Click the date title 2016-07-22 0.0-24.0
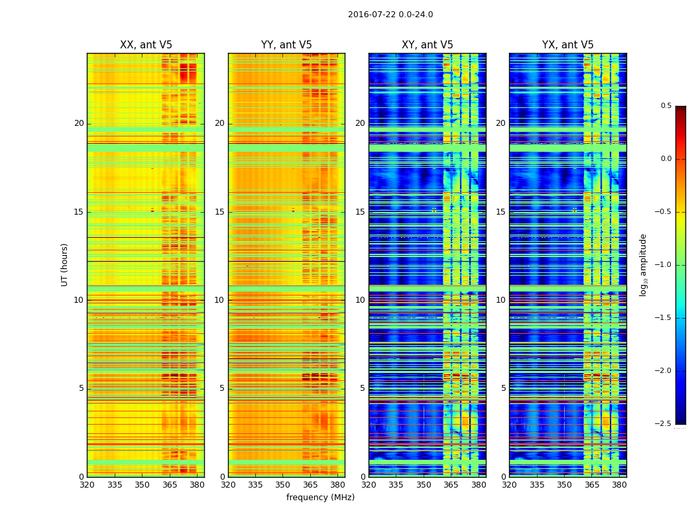[390, 15]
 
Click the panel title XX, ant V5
[146, 45]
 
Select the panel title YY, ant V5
[286, 45]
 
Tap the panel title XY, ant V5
[428, 45]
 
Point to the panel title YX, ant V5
[568, 45]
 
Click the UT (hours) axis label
[65, 264]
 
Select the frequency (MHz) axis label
[320, 498]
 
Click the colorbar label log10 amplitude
[643, 265]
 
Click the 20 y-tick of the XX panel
[79, 123]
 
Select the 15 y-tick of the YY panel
[219, 212]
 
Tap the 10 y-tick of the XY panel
[360, 300]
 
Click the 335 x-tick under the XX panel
[115, 484]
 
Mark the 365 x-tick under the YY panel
[310, 484]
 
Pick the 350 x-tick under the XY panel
[424, 484]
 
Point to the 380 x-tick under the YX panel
[619, 484]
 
